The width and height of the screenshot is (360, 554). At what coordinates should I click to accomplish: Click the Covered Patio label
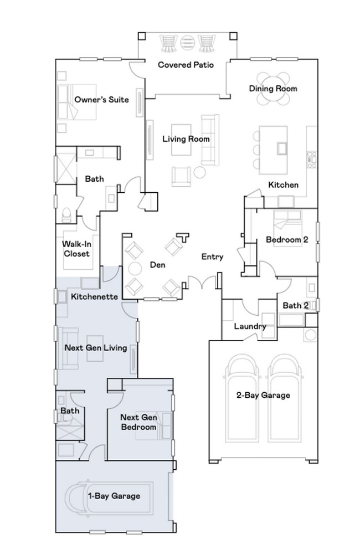click(186, 65)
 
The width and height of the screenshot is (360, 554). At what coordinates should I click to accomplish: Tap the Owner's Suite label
click(101, 100)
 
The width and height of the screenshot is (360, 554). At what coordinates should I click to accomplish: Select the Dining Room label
click(273, 89)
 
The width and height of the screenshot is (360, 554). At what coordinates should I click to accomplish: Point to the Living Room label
click(186, 139)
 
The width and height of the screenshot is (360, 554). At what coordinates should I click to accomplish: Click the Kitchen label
click(284, 185)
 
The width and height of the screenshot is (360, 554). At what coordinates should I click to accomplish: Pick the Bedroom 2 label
click(287, 239)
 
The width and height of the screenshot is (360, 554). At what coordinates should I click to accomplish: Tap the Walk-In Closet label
click(76, 249)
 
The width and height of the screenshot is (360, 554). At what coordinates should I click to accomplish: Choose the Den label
click(157, 265)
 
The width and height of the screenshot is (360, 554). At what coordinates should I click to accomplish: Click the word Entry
click(212, 257)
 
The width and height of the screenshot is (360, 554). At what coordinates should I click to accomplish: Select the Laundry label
click(250, 326)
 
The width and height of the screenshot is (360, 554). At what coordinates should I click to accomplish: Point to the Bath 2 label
click(296, 305)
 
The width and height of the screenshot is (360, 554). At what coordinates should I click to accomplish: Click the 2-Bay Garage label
click(263, 396)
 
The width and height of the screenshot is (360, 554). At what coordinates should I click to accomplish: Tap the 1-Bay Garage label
click(114, 496)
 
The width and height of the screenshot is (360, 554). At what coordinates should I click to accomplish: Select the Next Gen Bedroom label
click(138, 422)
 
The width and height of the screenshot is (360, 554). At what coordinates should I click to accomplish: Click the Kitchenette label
click(94, 296)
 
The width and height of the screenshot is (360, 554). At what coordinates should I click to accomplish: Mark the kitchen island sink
click(282, 148)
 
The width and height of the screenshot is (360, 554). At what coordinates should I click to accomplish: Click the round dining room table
click(272, 89)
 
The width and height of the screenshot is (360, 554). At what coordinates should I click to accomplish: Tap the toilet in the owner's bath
click(66, 216)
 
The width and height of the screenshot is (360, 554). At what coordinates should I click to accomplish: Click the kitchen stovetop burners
click(312, 160)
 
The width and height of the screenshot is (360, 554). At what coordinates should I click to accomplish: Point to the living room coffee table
click(181, 140)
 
